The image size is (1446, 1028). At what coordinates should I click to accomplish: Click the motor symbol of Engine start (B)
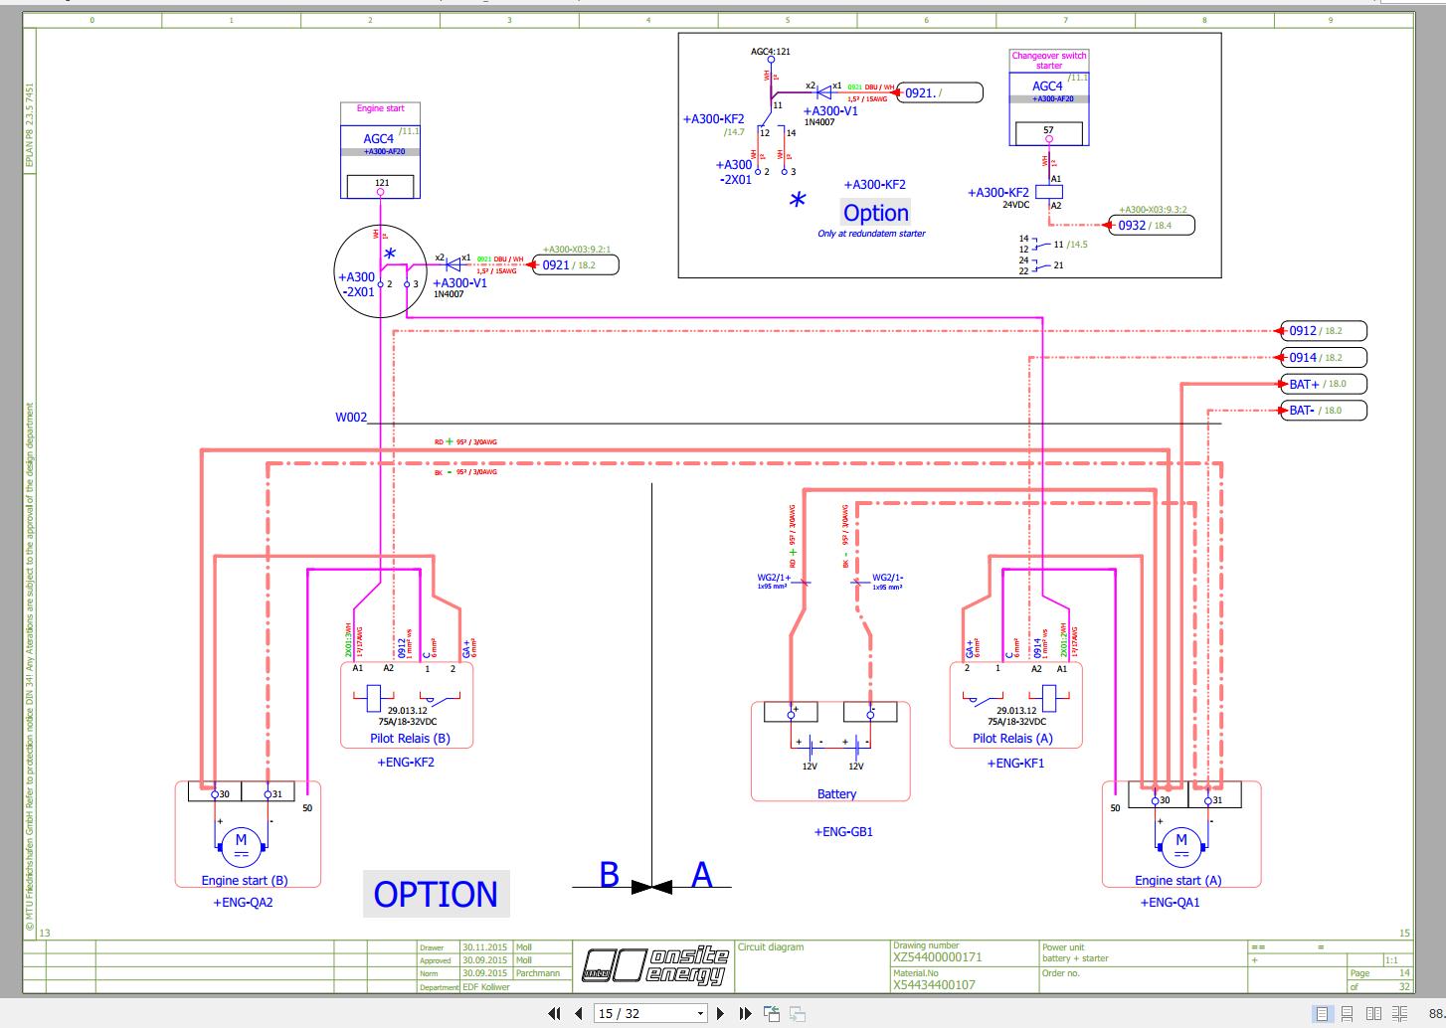tap(240, 843)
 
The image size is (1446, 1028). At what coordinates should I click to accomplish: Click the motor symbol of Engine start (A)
tap(1180, 843)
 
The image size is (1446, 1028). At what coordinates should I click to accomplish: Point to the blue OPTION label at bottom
tap(436, 894)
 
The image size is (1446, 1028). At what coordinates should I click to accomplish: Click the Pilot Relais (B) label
tap(410, 739)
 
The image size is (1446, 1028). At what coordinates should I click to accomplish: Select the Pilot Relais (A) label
tap(1012, 739)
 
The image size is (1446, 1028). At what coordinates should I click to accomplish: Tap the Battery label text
tap(836, 794)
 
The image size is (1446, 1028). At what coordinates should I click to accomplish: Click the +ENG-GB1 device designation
tap(843, 832)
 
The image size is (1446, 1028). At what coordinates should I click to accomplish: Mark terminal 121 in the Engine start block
tap(382, 184)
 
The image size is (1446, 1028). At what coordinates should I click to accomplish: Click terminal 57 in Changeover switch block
tap(1048, 131)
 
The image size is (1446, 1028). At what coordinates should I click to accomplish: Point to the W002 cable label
tap(350, 418)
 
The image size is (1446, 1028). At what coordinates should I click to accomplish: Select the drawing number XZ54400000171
tap(937, 957)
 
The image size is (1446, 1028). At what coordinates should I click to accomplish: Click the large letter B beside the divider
tap(609, 875)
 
